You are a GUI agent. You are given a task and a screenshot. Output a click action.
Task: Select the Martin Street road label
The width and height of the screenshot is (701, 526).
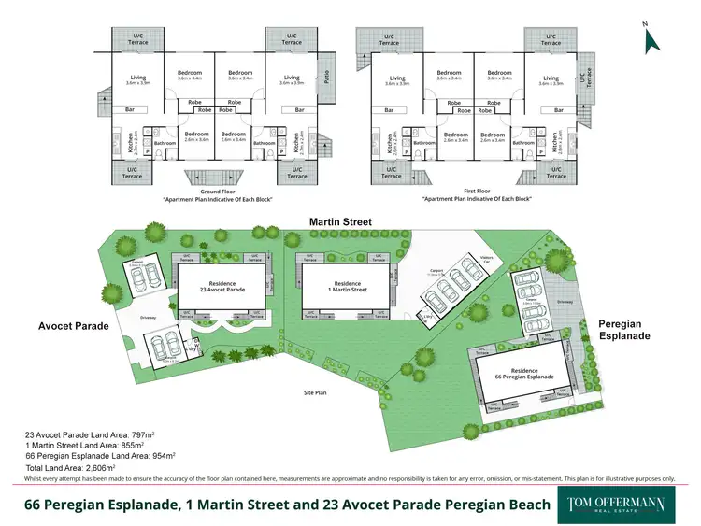coord(341,222)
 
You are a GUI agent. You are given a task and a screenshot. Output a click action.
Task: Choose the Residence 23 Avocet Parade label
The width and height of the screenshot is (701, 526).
coord(222,286)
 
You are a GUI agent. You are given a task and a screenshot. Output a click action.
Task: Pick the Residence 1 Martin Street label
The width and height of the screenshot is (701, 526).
coord(347,286)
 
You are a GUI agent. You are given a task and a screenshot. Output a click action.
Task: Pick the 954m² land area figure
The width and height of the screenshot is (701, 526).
coord(162,456)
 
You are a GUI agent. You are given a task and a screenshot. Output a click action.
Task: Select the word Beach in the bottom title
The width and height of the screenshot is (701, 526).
coord(515,505)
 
